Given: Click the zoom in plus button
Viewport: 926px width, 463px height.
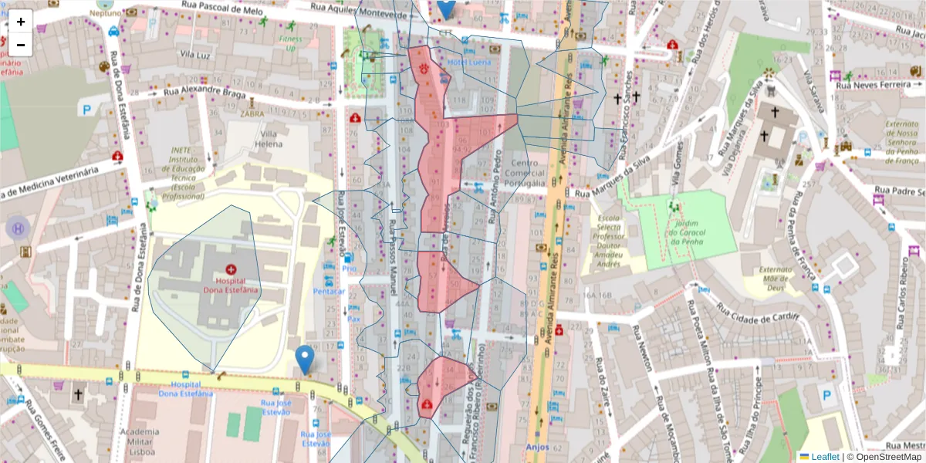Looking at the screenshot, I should pos(21,22).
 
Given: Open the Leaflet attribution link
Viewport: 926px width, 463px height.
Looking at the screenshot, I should pos(824,456).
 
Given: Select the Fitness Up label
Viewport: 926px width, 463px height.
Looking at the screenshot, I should pos(291,42).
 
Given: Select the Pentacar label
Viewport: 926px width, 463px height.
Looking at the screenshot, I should pos(329,291).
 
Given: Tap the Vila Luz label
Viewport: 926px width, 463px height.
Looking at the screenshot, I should pos(196,55).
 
